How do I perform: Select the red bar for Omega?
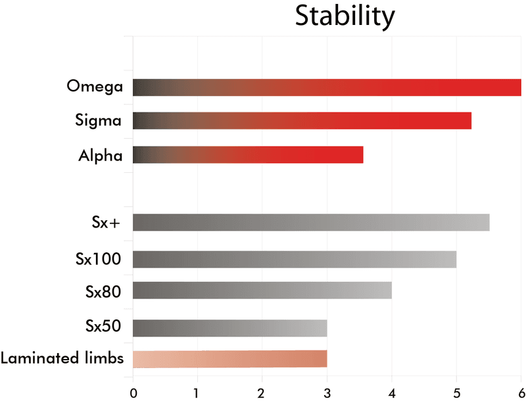pos(327,87)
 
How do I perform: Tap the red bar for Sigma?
pos(302,120)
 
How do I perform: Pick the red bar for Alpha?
pos(248,154)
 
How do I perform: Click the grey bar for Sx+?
pos(311,222)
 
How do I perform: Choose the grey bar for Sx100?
pos(295,259)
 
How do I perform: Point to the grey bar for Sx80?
pos(262,290)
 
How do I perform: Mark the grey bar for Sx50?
pos(230,327)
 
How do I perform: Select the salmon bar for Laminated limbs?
pos(230,359)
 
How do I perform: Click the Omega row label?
pos(95,86)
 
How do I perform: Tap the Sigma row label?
pos(98,121)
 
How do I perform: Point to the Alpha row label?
pos(100,155)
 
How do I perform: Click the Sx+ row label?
pos(106,222)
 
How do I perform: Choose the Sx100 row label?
pos(98,258)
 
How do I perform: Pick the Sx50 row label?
pos(103,327)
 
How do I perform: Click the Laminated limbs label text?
pos(62,359)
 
